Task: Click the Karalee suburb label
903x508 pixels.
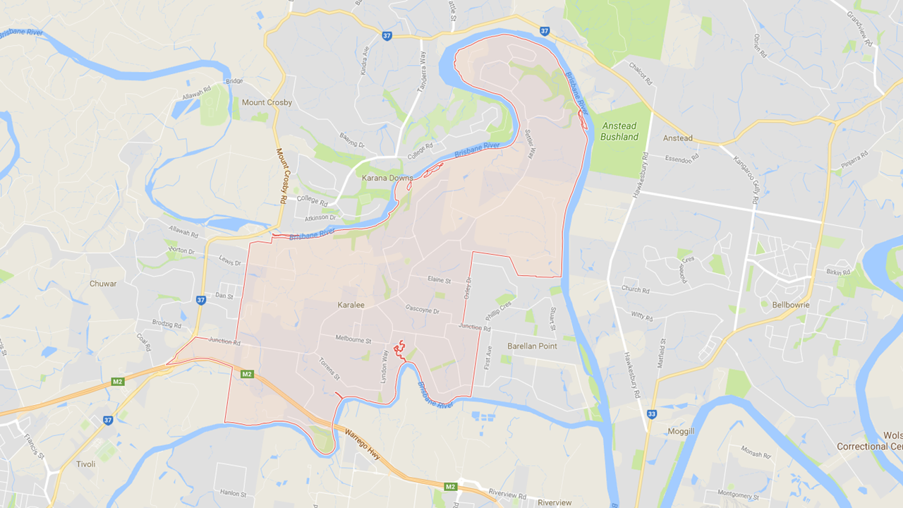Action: tap(351, 305)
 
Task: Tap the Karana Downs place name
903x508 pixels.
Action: tap(387, 178)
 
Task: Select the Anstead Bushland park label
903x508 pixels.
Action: tap(619, 131)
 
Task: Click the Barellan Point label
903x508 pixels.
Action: tap(532, 346)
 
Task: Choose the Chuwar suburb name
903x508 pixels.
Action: tap(103, 284)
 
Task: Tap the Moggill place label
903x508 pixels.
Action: tap(682, 430)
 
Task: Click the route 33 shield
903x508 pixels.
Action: tap(652, 414)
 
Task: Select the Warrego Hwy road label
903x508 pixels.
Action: tap(363, 445)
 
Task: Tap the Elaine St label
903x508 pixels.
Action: tap(439, 280)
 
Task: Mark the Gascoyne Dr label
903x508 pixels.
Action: tap(423, 310)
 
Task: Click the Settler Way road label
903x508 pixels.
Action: tap(530, 143)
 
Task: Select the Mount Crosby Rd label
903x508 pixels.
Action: tap(281, 176)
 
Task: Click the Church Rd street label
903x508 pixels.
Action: tap(636, 289)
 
